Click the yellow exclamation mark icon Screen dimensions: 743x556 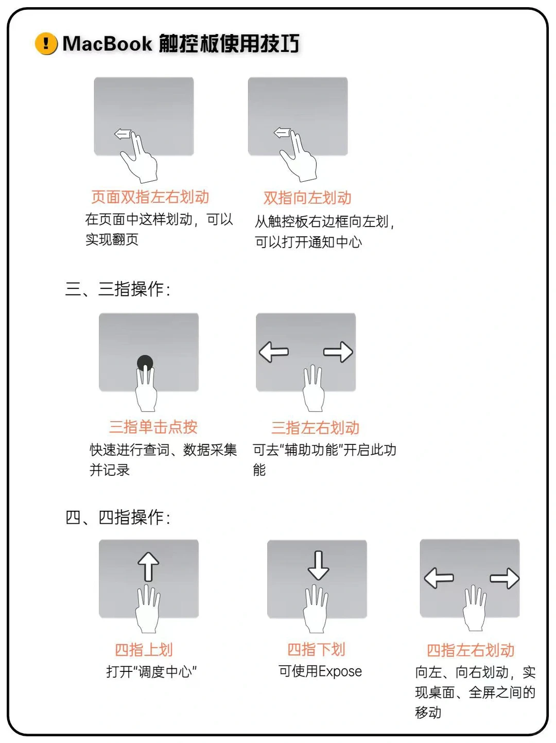point(46,44)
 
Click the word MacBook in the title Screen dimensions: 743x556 point(107,44)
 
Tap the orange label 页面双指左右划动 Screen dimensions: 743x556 point(150,197)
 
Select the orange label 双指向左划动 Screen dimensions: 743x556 point(307,198)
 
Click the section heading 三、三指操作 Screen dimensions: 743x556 point(117,289)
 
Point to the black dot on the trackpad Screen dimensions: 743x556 point(145,362)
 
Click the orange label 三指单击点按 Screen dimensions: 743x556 point(153,427)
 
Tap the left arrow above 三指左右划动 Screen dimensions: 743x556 point(274,352)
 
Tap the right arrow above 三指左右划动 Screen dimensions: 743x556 point(338,352)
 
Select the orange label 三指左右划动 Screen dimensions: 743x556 point(315,427)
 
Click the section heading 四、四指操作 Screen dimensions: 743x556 point(117,517)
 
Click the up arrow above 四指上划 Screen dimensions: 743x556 point(148,566)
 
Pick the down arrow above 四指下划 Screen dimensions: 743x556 point(318,565)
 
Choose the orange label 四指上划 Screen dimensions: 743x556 point(144,650)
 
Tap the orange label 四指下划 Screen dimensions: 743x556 point(316,649)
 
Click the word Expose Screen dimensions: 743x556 point(340,671)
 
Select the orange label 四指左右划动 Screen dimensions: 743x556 point(471,650)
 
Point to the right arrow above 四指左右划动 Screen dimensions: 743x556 point(505,578)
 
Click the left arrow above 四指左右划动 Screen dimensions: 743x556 point(439,578)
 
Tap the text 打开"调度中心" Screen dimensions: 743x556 point(151,672)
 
